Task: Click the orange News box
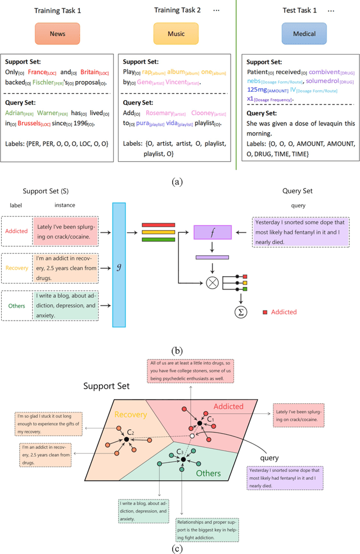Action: (57, 34)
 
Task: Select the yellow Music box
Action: (177, 34)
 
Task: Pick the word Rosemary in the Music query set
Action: (161, 113)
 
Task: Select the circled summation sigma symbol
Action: (240, 311)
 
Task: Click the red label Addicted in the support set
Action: (16, 231)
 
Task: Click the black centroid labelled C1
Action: (199, 422)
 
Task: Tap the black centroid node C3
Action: (182, 460)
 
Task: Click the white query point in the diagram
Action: (192, 436)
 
